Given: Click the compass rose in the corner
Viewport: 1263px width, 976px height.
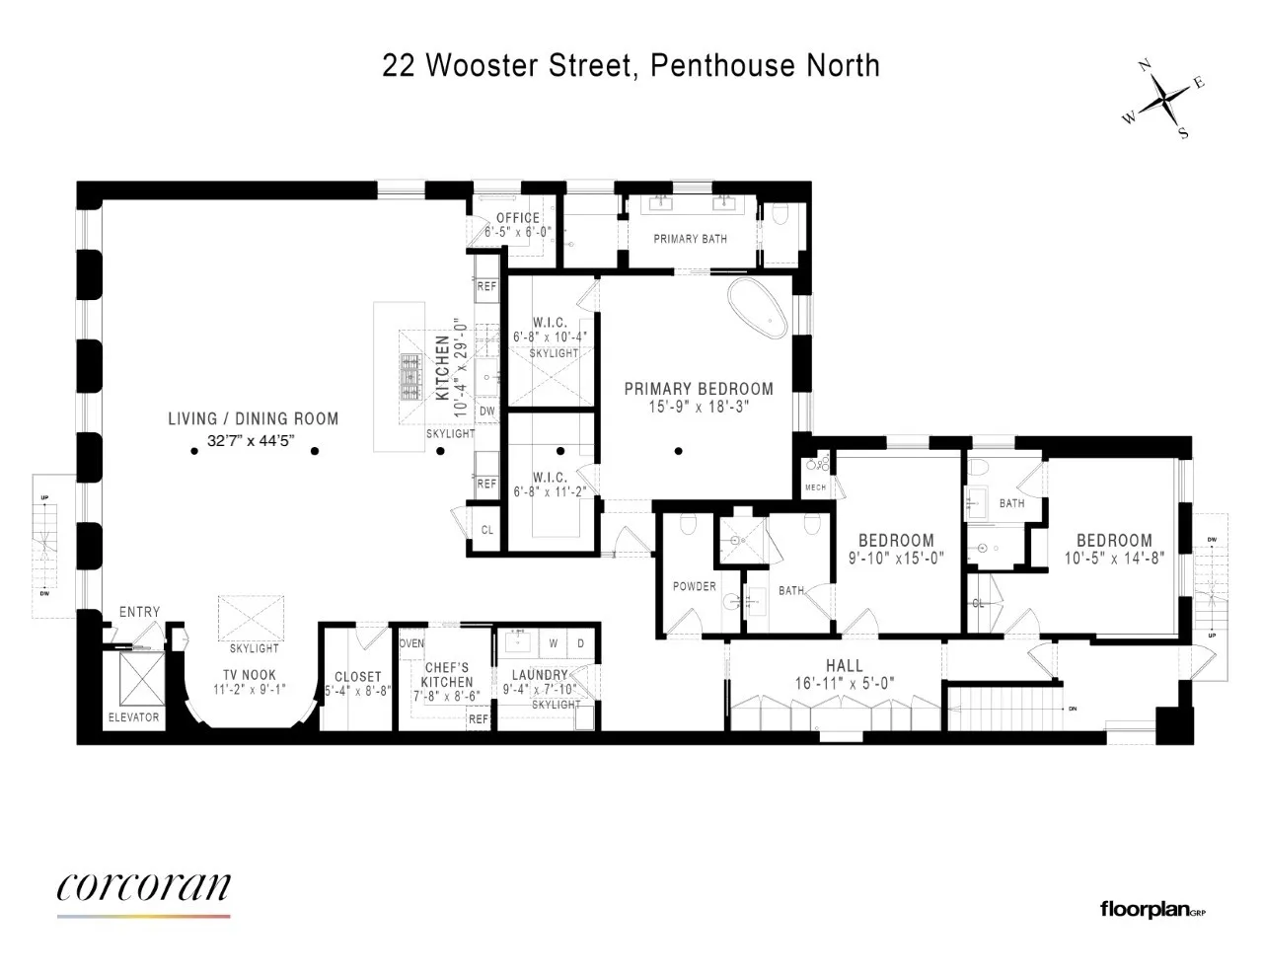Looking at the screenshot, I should click(1165, 100).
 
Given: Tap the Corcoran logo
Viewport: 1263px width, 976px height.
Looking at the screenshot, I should click(143, 887).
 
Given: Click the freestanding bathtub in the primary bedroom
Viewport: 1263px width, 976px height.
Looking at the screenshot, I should click(759, 310).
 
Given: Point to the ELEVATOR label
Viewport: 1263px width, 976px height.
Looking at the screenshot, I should click(133, 717).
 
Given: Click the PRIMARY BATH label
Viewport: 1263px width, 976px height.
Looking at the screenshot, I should click(690, 239).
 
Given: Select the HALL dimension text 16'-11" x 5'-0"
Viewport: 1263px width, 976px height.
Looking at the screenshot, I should click(845, 683).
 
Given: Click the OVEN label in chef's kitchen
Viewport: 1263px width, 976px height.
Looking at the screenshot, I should click(411, 643).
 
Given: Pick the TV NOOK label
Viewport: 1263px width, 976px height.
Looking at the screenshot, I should click(250, 675).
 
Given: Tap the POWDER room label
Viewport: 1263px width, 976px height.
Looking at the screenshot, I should click(695, 586).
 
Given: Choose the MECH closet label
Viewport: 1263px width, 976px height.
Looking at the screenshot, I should click(815, 488).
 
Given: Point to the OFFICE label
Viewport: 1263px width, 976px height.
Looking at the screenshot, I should click(518, 218).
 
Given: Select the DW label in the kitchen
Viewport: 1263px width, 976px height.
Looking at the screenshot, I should click(487, 412).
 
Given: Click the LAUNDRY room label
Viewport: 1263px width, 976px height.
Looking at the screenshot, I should click(540, 675).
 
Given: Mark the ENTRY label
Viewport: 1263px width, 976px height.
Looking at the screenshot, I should click(139, 612).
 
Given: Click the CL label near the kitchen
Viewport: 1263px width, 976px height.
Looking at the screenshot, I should click(487, 530).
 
